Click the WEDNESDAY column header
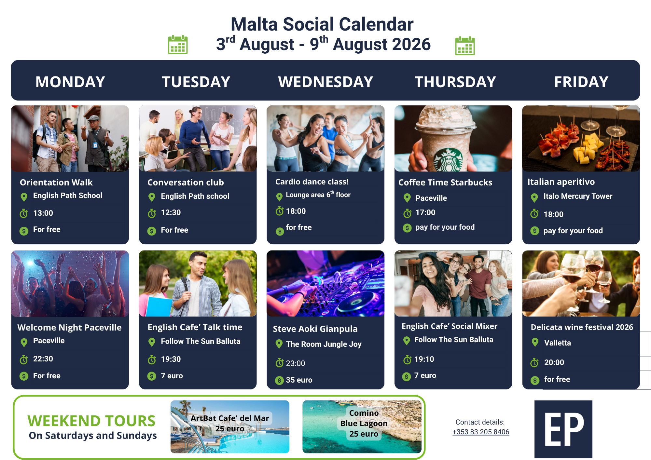click(325, 82)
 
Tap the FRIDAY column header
click(581, 82)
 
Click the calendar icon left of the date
click(178, 45)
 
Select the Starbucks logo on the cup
click(449, 160)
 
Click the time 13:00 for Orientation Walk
click(43, 213)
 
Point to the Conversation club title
click(186, 182)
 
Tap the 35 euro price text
click(299, 380)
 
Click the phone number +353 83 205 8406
click(481, 432)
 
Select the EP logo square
click(563, 429)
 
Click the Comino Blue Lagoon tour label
click(364, 423)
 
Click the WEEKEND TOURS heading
click(91, 421)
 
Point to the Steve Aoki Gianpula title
click(315, 329)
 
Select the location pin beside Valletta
click(535, 342)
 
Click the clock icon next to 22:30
click(24, 359)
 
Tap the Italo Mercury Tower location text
click(578, 196)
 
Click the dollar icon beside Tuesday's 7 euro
click(152, 376)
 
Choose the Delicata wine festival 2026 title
click(582, 327)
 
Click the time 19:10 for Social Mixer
click(424, 359)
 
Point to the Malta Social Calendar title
click(322, 24)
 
